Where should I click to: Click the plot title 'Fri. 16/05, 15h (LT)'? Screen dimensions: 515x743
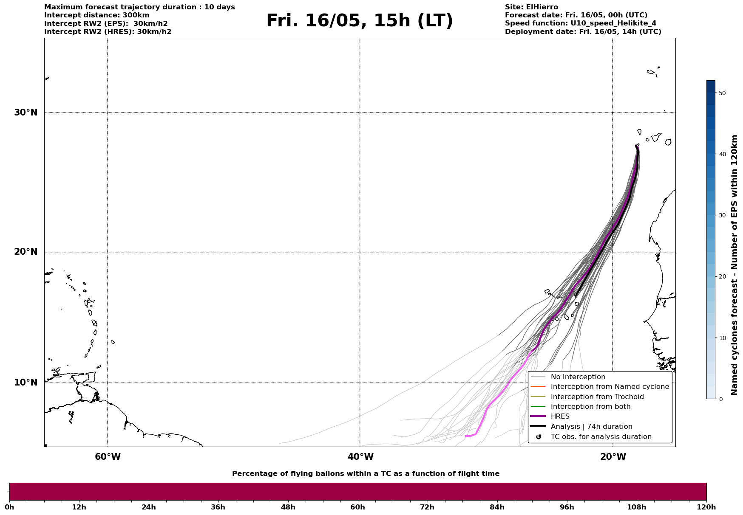coord(360,21)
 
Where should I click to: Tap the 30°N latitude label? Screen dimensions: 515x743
coord(26,113)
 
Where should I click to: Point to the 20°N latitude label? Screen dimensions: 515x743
coord(26,252)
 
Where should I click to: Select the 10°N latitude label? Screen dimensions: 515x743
coord(26,383)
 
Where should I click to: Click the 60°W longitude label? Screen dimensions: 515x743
coord(108,457)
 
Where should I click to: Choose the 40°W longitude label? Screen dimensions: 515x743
coord(360,457)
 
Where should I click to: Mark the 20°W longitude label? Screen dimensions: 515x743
coord(613,457)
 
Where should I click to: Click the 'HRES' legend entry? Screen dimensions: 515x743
coord(560,417)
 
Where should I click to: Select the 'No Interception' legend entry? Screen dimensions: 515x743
coord(578,377)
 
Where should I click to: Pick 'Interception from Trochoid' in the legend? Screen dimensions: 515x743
coord(597,397)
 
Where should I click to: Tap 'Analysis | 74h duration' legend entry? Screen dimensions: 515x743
coord(591,427)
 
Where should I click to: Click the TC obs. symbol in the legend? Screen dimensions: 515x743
coord(539,437)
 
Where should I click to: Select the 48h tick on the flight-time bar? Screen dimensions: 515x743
coord(288,507)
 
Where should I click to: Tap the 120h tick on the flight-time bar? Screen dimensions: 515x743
coord(706,507)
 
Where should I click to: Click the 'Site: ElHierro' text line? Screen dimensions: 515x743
coord(531,7)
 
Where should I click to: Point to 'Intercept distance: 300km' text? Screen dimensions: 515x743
coord(96,15)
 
